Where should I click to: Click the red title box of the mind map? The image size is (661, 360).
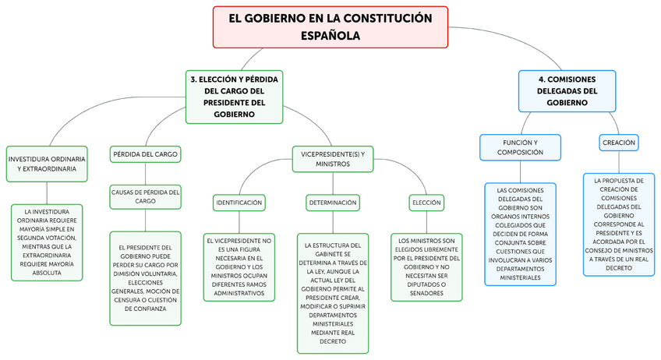tap(330, 27)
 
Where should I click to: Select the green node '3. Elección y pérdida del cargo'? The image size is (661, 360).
tap(234, 97)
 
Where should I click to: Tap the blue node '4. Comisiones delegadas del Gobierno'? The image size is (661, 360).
tap(567, 90)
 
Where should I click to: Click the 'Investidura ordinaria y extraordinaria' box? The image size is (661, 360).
tap(47, 164)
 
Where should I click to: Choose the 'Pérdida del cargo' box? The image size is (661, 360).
tap(145, 154)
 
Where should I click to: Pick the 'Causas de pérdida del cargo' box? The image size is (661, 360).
tap(146, 196)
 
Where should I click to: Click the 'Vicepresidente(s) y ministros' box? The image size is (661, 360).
tap(332, 159)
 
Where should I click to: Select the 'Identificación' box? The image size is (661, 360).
tap(239, 203)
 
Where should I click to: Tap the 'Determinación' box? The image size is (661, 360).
tap(332, 203)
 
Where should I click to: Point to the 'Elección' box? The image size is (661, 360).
tap(426, 203)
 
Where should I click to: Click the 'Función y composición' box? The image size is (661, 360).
tap(520, 147)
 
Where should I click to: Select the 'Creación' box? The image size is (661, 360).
tap(620, 143)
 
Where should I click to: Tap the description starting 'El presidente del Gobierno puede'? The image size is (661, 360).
tap(145, 277)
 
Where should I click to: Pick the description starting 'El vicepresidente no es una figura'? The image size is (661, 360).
tap(239, 266)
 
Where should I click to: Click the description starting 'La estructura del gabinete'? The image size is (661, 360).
tap(332, 292)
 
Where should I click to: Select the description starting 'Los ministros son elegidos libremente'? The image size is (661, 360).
tap(426, 266)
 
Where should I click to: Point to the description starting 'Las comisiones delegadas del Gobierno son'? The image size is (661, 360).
tap(520, 233)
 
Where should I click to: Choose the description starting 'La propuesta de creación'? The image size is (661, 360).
tap(620, 224)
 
